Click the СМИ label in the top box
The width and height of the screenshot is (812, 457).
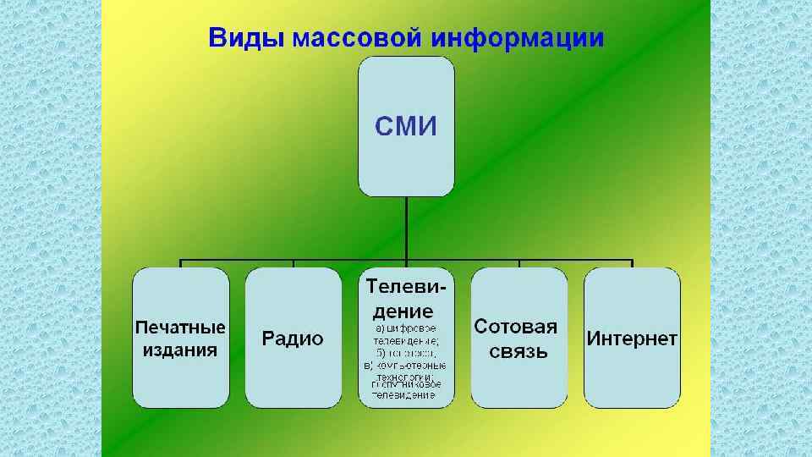[406, 127]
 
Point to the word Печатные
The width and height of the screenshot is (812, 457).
[181, 328]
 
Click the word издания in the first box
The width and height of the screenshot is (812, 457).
[181, 350]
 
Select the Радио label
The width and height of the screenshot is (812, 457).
[293, 339]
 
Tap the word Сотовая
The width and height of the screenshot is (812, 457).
[516, 328]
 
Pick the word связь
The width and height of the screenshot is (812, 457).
[518, 350]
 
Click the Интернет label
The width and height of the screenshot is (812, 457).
[632, 339]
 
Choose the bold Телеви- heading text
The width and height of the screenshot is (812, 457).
[406, 288]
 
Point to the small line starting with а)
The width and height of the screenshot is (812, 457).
[406, 327]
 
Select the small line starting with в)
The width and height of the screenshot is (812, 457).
[405, 366]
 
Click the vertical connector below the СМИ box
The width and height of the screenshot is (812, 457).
[406, 227]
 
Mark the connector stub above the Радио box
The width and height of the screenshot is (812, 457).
[294, 262]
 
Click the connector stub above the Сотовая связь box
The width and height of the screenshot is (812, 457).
[518, 262]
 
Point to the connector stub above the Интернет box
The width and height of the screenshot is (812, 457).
[632, 262]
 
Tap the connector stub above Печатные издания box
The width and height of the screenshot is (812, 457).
[181, 262]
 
